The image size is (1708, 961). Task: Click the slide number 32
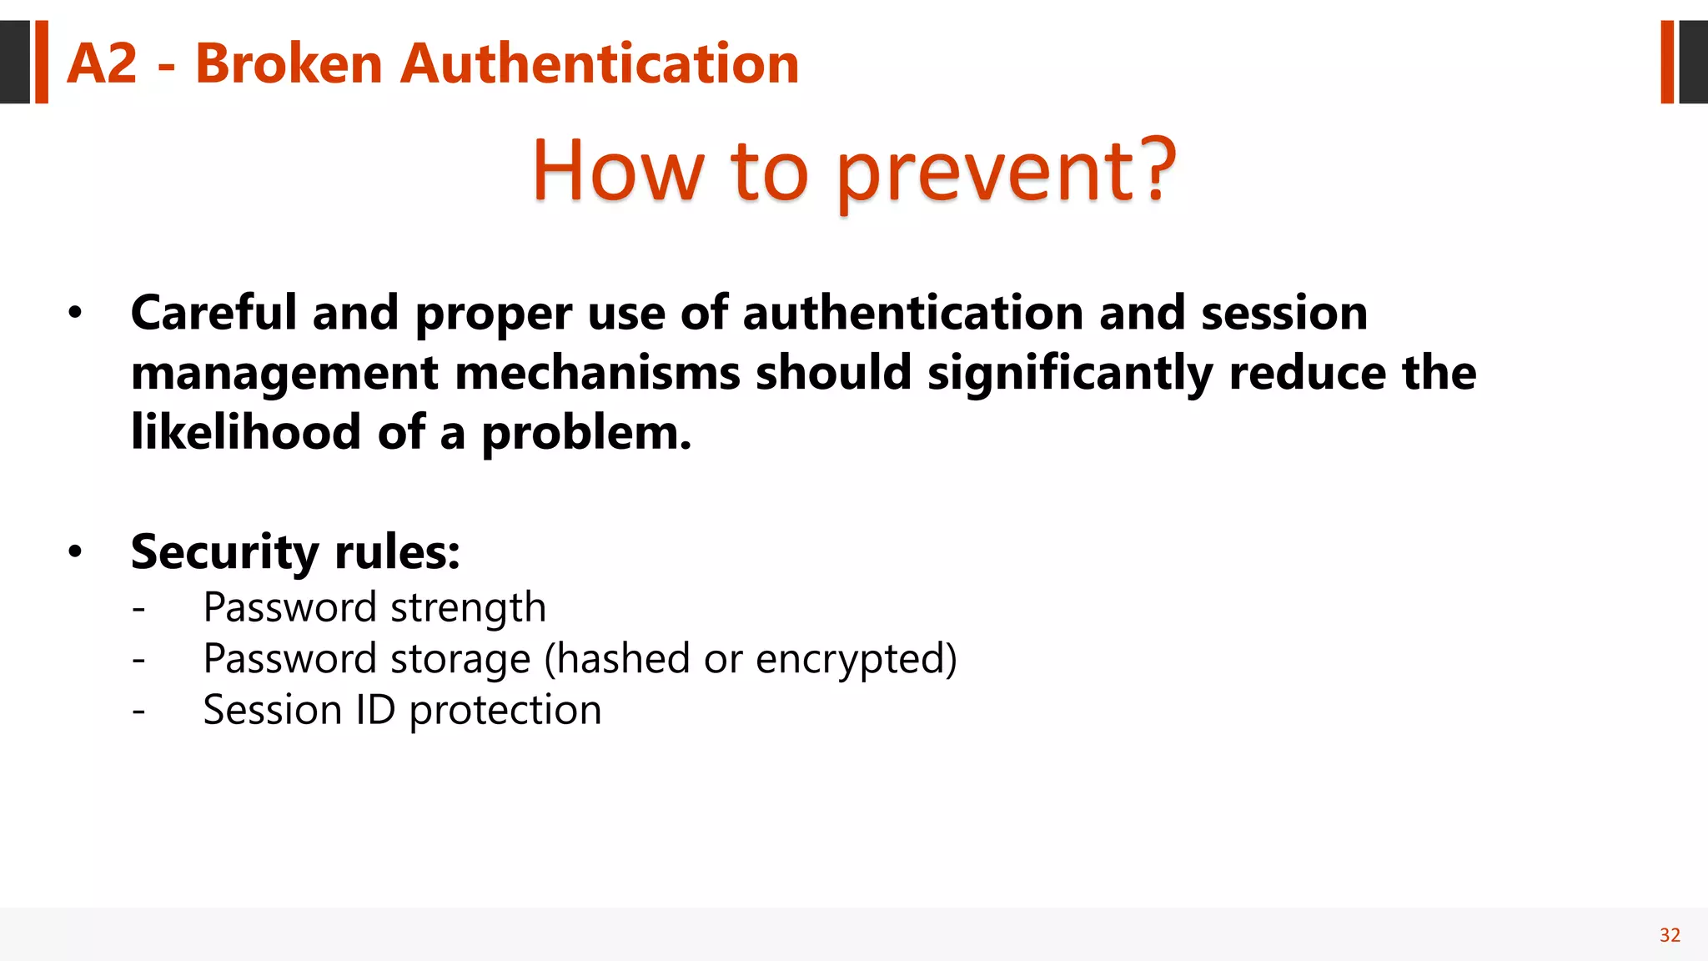click(x=1670, y=935)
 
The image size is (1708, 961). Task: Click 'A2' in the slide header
click(x=102, y=64)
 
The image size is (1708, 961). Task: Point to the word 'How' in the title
click(x=618, y=171)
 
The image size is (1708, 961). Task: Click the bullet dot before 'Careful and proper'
click(x=76, y=314)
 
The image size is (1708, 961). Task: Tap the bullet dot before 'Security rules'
click(x=76, y=552)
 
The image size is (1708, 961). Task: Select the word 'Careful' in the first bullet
click(x=213, y=314)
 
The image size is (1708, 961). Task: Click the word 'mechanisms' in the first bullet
click(x=597, y=373)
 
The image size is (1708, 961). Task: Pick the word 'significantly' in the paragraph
click(x=1070, y=373)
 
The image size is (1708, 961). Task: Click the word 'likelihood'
click(x=246, y=433)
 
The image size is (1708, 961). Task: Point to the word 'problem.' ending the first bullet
click(x=586, y=433)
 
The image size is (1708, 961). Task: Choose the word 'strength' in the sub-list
click(x=468, y=608)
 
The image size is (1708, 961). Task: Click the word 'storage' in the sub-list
click(x=460, y=659)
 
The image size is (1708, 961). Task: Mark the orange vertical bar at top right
click(x=1667, y=62)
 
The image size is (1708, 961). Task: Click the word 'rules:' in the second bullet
click(x=397, y=552)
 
